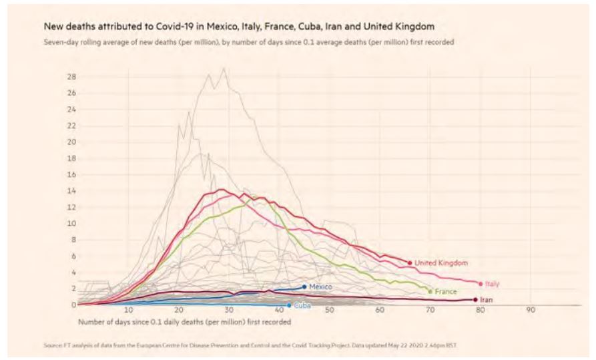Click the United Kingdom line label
click(441, 263)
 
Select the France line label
click(446, 292)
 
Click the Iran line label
click(487, 300)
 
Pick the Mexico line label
click(320, 287)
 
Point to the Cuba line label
click(302, 305)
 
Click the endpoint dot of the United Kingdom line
click(408, 262)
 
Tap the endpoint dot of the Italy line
click(481, 284)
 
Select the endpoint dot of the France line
click(430, 291)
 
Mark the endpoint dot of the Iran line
click(475, 300)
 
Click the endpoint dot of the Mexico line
click(304, 287)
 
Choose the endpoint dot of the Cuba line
click(289, 305)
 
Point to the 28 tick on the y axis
click(71, 77)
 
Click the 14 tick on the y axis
click(71, 191)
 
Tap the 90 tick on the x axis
click(531, 311)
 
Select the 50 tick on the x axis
click(330, 311)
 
